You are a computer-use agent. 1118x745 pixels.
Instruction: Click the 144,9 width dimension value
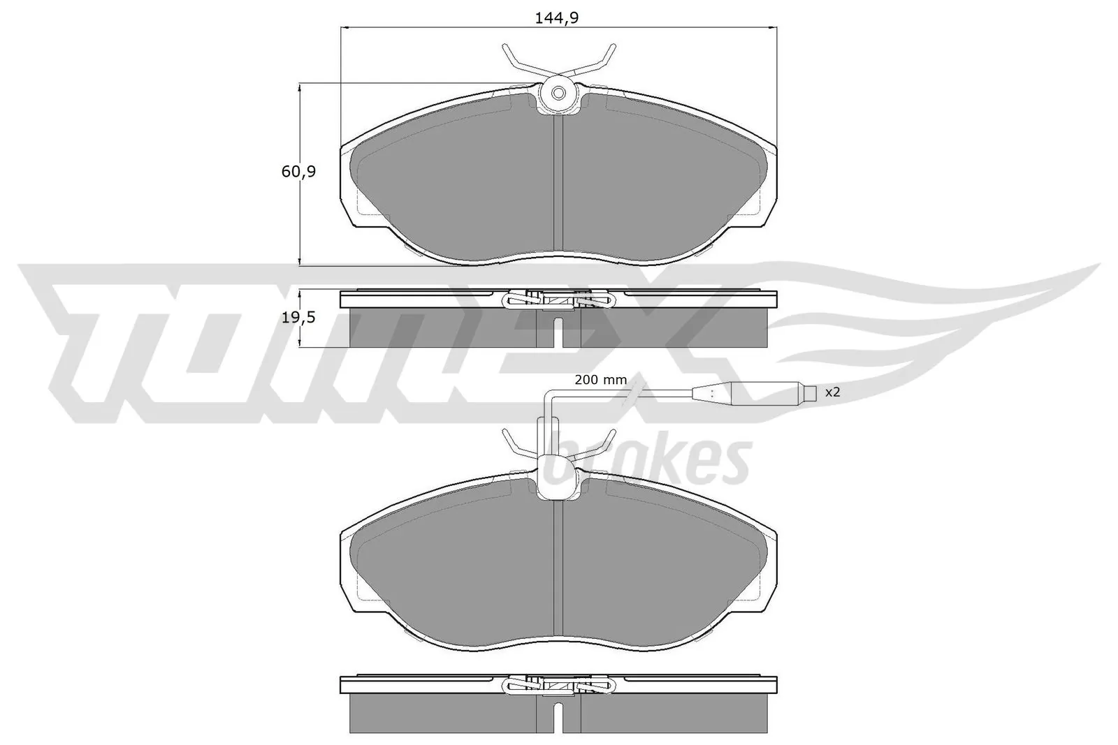pyautogui.click(x=557, y=19)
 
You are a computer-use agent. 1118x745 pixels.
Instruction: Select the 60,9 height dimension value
pyautogui.click(x=299, y=171)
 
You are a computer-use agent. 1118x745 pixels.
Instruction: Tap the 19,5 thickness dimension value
pyautogui.click(x=299, y=318)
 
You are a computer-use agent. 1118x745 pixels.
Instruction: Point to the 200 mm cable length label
pyautogui.click(x=600, y=381)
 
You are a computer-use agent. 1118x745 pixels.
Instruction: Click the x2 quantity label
pyautogui.click(x=832, y=392)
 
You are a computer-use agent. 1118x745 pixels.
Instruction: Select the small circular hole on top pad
pyautogui.click(x=558, y=94)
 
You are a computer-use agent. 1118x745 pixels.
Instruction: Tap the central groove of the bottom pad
pyautogui.click(x=558, y=566)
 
